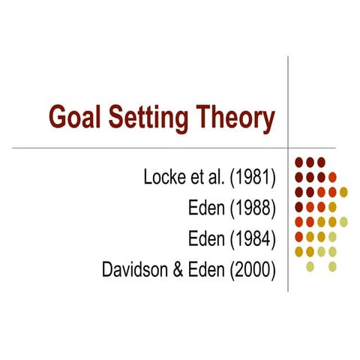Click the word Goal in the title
point(74,117)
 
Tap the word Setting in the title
point(146,118)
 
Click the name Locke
point(163,178)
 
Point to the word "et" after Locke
point(198,178)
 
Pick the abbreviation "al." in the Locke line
point(218,178)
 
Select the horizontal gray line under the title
point(150,148)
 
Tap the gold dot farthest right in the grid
point(343,192)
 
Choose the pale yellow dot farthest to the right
point(344,221)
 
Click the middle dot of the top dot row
point(310,162)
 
